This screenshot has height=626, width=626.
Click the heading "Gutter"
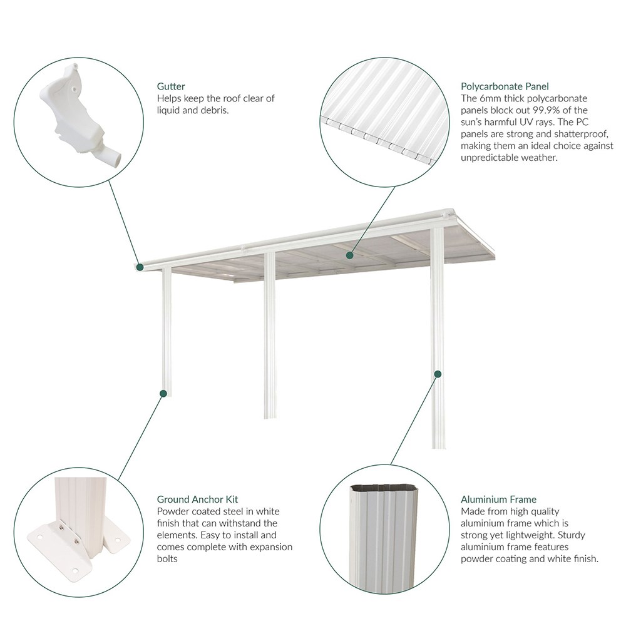[x=171, y=86]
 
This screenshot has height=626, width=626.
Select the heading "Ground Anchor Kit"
[x=198, y=500]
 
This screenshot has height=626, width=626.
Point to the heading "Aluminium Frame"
[x=498, y=500]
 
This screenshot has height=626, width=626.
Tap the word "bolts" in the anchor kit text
[x=168, y=558]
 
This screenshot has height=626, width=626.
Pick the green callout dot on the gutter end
[x=140, y=267]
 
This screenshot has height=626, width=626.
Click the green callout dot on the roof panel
[x=350, y=255]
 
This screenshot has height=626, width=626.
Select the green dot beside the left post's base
[x=163, y=394]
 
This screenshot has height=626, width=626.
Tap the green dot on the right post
[x=438, y=374]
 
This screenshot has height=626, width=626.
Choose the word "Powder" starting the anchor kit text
[x=172, y=511]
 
